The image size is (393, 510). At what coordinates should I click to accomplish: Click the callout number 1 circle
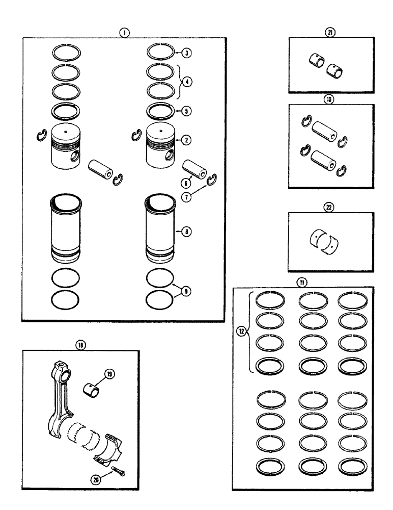tap(124, 32)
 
